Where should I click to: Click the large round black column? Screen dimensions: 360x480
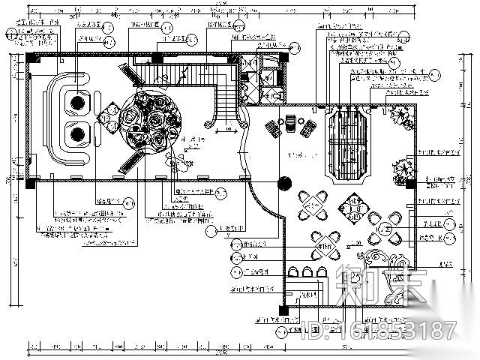point(285,183)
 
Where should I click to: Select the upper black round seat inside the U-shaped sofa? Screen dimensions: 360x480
point(77,100)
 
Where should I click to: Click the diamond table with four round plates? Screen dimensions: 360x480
point(350,203)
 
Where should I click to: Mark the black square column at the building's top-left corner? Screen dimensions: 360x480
point(29,55)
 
